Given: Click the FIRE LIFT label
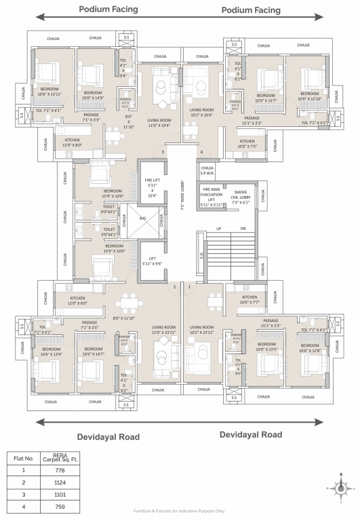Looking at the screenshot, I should pyautogui.click(x=151, y=188).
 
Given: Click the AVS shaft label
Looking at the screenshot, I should pyautogui.click(x=143, y=218).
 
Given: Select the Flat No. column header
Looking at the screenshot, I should pyautogui.click(x=24, y=458).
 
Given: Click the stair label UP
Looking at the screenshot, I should pyautogui.click(x=218, y=228).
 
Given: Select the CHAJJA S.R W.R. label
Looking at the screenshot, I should pyautogui.click(x=207, y=170).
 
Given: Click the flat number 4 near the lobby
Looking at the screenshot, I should pyautogui.click(x=201, y=152).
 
